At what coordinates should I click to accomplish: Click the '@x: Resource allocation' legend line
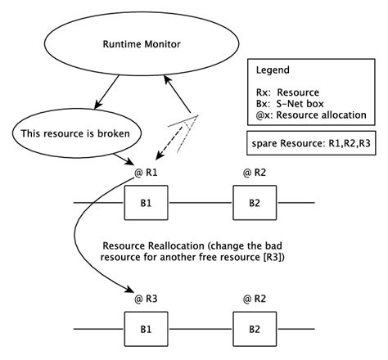click(309, 115)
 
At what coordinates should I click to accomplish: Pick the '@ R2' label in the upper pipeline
click(255, 173)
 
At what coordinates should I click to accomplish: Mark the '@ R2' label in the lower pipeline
click(255, 300)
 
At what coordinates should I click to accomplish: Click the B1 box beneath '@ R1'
click(145, 201)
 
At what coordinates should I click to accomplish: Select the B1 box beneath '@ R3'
click(145, 329)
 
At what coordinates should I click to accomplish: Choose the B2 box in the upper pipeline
click(254, 201)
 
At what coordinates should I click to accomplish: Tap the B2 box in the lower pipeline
click(254, 329)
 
